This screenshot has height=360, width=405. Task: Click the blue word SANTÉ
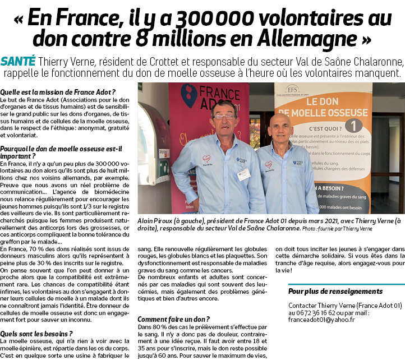click(x=19, y=61)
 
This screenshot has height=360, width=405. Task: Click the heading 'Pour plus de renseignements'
click(x=335, y=291)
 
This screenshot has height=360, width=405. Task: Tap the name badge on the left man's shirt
click(x=243, y=174)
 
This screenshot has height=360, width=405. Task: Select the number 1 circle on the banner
click(x=355, y=125)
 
